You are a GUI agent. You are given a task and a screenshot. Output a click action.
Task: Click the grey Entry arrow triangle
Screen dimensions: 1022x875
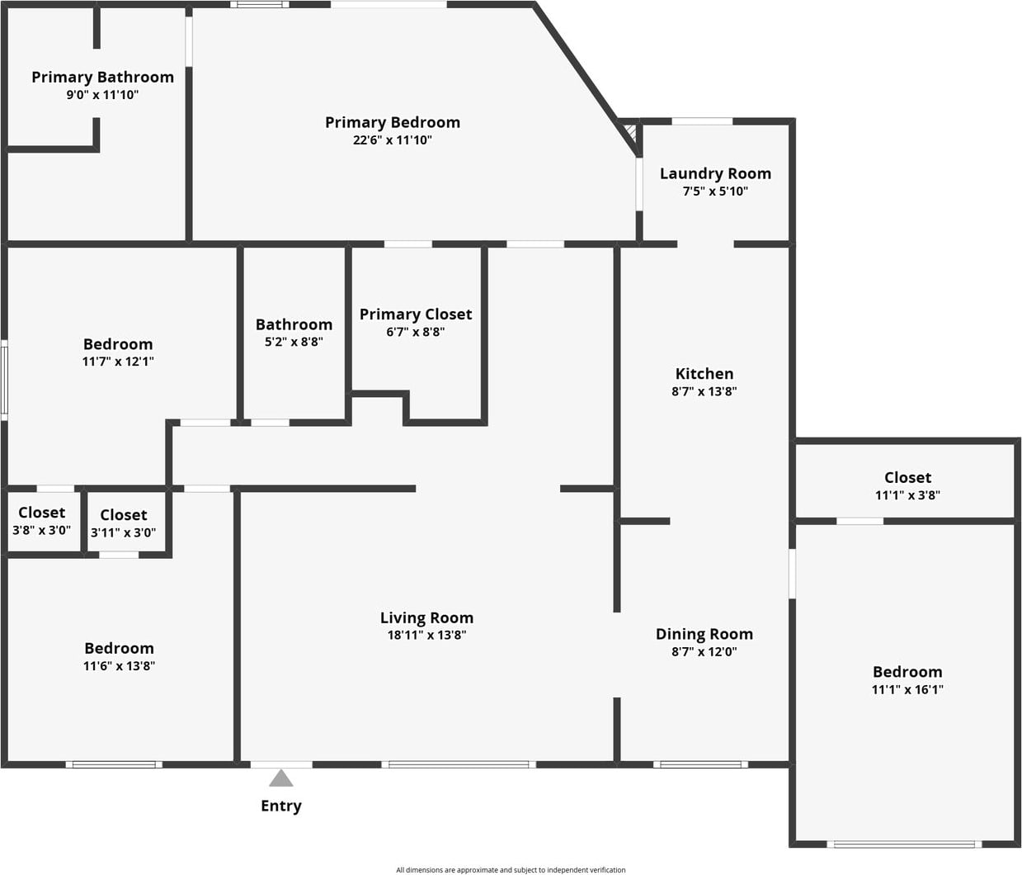(281, 779)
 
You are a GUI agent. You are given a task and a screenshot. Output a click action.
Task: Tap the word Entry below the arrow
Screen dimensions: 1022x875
(281, 806)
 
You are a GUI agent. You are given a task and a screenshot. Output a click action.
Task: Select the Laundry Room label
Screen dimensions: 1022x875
(715, 173)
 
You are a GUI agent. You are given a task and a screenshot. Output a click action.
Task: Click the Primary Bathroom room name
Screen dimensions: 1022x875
(102, 77)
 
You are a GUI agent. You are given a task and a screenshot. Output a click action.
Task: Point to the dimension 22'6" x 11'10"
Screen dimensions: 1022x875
(393, 140)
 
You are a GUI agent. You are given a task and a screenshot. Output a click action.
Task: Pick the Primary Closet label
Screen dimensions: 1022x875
(416, 315)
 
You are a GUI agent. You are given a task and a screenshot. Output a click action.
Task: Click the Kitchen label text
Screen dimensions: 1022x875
(704, 374)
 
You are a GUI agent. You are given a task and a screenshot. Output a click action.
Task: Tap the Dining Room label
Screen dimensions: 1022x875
(704, 634)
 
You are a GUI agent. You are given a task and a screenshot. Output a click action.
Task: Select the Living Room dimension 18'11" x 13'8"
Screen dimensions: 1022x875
(426, 636)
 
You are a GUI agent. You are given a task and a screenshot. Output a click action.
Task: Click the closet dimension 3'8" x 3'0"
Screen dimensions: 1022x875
(41, 531)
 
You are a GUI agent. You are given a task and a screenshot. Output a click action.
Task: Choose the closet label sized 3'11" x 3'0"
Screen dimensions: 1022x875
(123, 515)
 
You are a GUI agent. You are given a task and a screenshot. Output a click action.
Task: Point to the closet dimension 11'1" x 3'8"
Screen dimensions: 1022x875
(907, 495)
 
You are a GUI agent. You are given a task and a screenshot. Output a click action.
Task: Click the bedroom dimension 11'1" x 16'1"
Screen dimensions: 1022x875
(907, 690)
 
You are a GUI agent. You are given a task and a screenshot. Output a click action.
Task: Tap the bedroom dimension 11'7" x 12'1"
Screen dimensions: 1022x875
(118, 362)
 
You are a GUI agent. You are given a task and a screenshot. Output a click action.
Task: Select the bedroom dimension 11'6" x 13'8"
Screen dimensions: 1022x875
(119, 666)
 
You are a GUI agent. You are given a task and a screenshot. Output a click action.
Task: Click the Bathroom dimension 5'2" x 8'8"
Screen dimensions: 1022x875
(294, 342)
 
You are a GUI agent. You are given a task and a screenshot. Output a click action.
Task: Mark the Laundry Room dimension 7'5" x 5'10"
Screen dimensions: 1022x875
(715, 192)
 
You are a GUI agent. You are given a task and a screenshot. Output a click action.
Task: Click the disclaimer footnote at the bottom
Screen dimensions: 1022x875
(511, 870)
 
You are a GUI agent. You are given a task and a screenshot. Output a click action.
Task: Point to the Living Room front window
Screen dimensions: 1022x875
(459, 764)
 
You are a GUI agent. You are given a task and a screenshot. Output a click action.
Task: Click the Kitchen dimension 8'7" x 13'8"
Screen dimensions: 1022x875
(704, 392)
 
